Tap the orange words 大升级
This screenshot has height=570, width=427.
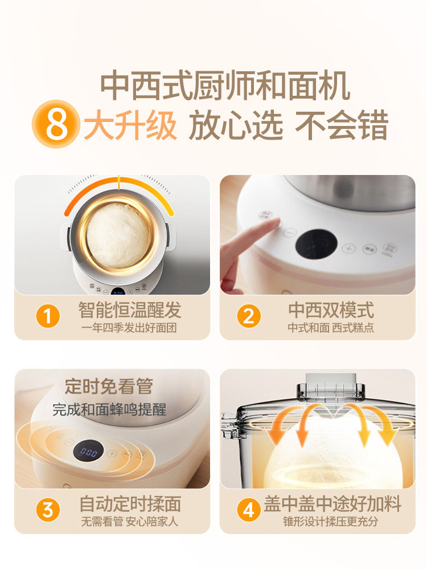(130, 125)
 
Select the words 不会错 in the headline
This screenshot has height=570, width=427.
(341, 125)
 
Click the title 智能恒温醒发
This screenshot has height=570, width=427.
(130, 310)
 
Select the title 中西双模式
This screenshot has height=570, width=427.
(331, 310)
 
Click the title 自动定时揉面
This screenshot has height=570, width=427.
(130, 504)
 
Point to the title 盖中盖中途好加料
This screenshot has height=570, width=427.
(332, 504)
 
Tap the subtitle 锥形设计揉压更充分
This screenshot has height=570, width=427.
(331, 522)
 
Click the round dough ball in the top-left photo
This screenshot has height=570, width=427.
(119, 235)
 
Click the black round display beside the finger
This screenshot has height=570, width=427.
(316, 243)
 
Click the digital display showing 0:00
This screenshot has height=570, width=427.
(88, 453)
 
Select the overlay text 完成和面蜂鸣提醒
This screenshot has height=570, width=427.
(109, 409)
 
